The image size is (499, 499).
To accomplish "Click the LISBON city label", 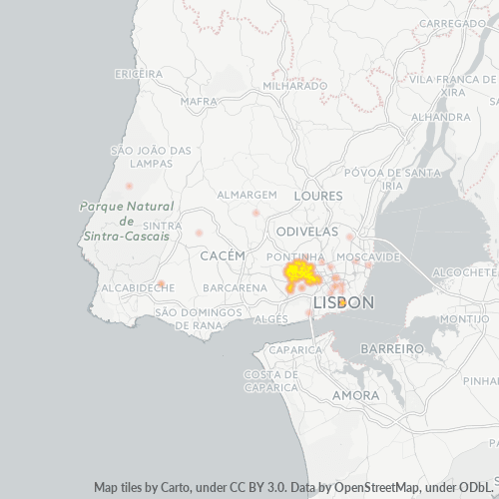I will click(343, 301).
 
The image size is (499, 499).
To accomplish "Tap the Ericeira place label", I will click(139, 74).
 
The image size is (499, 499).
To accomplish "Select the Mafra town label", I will click(198, 101).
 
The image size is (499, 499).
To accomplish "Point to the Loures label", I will click(318, 197).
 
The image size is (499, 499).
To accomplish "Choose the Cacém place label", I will click(223, 256).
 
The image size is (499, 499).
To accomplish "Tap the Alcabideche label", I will click(139, 287).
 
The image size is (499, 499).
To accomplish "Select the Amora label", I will click(354, 395).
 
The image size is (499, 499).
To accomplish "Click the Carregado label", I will click(452, 22).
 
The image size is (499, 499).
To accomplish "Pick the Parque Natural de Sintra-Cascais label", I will click(125, 222).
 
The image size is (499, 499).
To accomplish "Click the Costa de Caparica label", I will click(268, 380).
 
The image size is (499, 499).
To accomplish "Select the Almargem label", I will click(248, 194).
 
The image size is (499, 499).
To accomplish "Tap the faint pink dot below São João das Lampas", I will click(129, 186).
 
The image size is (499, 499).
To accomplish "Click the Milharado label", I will click(295, 86).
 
